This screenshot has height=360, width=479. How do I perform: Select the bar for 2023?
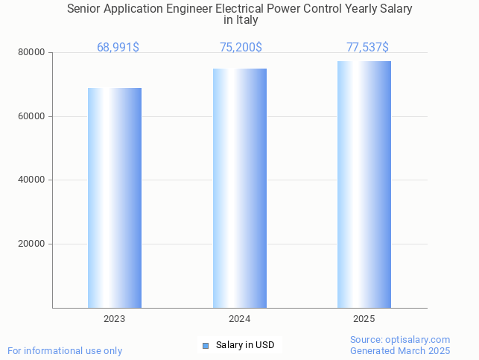[115, 198]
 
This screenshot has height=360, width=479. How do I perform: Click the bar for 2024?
[239, 188]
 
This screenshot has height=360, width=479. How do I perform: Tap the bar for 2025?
[364, 184]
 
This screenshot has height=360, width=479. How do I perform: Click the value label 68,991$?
[118, 48]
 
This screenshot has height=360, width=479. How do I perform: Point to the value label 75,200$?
[241, 48]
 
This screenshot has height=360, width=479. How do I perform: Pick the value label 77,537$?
[367, 48]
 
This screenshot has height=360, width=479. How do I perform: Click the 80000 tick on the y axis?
[31, 53]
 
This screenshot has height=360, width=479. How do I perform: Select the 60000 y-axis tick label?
[31, 117]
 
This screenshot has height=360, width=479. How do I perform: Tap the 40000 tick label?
[31, 180]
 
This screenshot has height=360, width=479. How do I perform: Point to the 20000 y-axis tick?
[31, 244]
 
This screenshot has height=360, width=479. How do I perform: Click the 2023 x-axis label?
[115, 319]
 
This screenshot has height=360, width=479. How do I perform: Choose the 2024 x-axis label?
[239, 319]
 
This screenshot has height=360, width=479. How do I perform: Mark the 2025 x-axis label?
[364, 319]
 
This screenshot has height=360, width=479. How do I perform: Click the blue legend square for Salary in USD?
[206, 345]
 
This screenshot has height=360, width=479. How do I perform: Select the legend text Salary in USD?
[245, 345]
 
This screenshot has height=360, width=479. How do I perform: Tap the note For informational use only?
[65, 351]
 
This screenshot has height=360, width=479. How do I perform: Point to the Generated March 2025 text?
[400, 351]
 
